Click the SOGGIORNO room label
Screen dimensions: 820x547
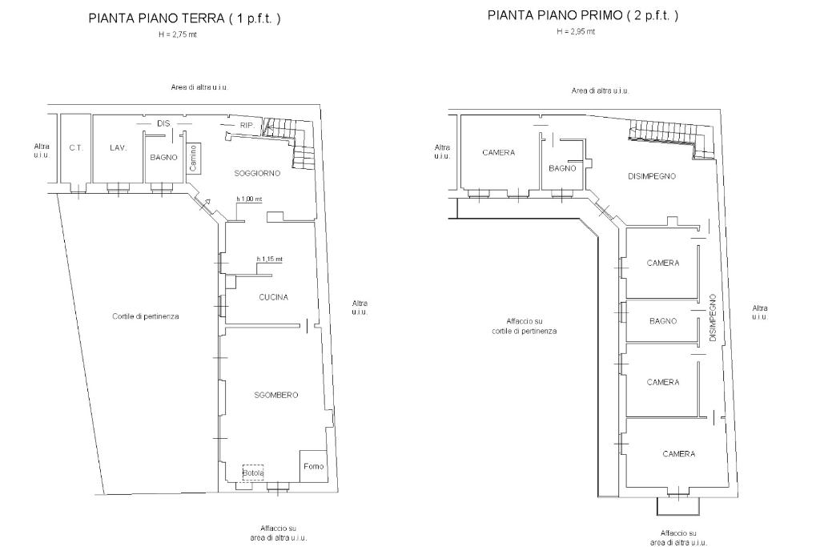257,173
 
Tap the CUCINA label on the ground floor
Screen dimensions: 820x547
274,297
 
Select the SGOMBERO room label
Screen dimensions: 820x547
276,395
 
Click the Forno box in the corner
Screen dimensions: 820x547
314,466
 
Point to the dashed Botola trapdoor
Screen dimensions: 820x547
253,473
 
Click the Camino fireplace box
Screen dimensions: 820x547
192,158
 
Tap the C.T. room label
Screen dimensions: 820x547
76,148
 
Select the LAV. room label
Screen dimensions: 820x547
119,148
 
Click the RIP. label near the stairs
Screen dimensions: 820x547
247,126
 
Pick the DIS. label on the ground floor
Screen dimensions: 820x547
163,123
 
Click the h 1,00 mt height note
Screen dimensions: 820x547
249,199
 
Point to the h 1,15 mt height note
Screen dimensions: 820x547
269,259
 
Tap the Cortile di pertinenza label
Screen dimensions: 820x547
146,316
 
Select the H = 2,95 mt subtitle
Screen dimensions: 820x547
576,31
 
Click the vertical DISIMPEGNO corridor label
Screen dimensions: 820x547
712,318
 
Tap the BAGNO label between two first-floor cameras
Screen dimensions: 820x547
663,321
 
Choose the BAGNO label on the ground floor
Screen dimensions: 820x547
163,157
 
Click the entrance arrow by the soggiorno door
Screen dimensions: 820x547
207,203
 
